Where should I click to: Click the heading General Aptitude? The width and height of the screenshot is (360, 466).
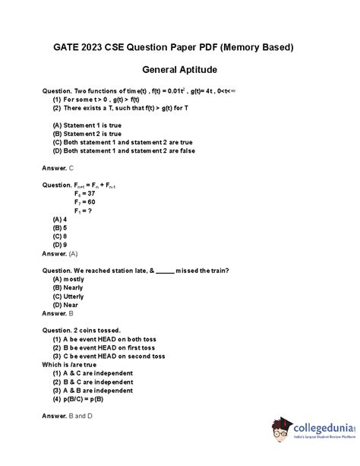[x=180, y=69]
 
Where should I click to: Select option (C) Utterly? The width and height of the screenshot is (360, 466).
[x=70, y=296]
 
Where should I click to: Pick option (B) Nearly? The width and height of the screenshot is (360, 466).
[x=68, y=287]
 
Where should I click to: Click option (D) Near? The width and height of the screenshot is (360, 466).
[x=67, y=304]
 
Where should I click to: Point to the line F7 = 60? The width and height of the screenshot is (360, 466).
[x=79, y=202]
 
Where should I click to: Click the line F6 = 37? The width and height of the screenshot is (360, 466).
[x=79, y=194]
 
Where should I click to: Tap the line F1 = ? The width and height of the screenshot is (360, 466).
[x=77, y=211]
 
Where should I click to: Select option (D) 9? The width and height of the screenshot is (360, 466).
[x=60, y=245]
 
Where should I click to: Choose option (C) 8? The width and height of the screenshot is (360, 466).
[x=60, y=236]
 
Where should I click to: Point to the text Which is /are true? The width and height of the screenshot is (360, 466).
[x=76, y=364]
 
